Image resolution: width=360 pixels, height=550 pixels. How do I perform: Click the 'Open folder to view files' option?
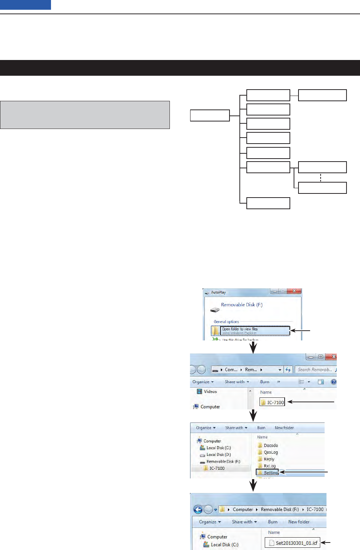pyautogui.click(x=250, y=330)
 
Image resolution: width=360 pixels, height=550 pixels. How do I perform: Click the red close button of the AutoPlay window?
pyautogui.click(x=294, y=291)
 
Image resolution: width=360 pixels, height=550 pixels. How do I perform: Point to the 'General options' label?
pyautogui.click(x=226, y=322)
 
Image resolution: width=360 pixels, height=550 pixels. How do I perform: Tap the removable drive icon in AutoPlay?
pyautogui.click(x=214, y=310)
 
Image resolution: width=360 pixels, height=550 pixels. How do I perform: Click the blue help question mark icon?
pyautogui.click(x=333, y=382)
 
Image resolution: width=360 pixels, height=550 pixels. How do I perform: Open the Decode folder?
pyautogui.click(x=270, y=445)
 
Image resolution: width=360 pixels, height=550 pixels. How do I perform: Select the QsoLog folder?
pyautogui.click(x=270, y=452)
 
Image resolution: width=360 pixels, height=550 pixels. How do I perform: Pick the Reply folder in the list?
pyautogui.click(x=269, y=459)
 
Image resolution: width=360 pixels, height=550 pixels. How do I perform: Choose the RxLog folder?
pyautogui.click(x=269, y=466)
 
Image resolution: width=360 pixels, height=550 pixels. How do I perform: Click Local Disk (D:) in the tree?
pyautogui.click(x=218, y=454)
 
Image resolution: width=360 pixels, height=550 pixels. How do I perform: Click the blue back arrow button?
pyautogui.click(x=198, y=510)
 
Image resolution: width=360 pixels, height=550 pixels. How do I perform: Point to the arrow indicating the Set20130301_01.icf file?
pyautogui.click(x=325, y=543)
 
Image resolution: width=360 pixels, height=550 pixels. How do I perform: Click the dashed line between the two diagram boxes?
pyautogui.click(x=321, y=177)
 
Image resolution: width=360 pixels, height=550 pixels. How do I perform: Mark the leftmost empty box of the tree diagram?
pyautogui.click(x=210, y=115)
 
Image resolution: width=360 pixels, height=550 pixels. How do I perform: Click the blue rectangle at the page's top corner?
pyautogui.click(x=25, y=4)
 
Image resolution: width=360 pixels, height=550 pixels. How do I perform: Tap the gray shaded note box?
pyautogui.click(x=85, y=115)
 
